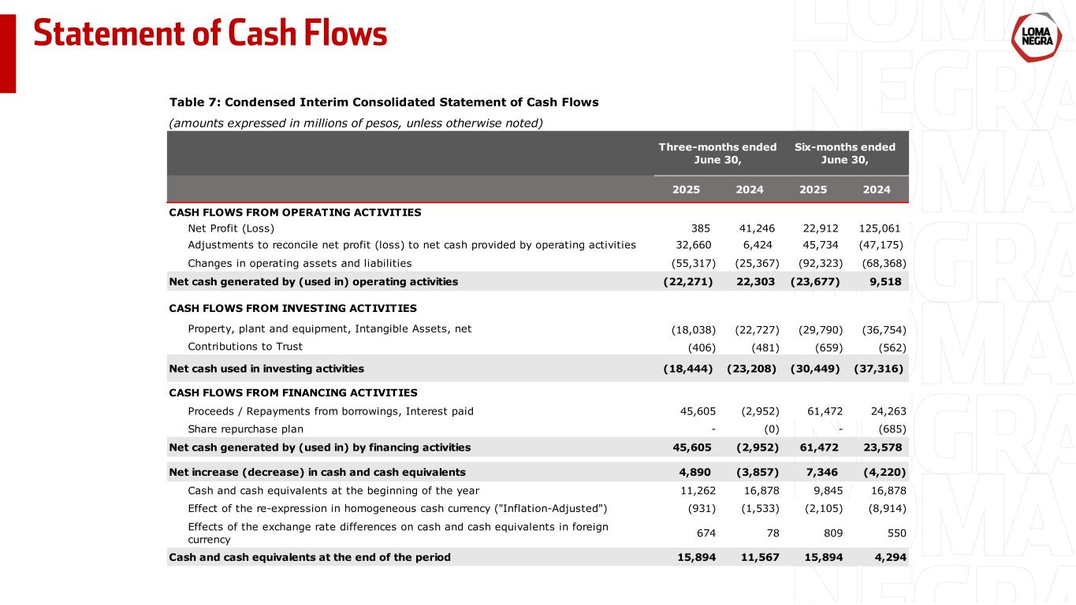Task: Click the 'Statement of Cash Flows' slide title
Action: [210, 33]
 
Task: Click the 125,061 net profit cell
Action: [883, 228]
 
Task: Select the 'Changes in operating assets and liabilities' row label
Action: [300, 263]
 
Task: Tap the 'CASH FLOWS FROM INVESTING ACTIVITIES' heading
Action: [292, 308]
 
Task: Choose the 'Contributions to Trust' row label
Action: [245, 347]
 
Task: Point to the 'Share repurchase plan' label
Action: [245, 429]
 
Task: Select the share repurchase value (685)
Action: [892, 429]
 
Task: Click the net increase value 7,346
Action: [827, 473]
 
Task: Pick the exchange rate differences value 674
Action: [705, 533]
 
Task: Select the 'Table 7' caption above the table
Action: [384, 102]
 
